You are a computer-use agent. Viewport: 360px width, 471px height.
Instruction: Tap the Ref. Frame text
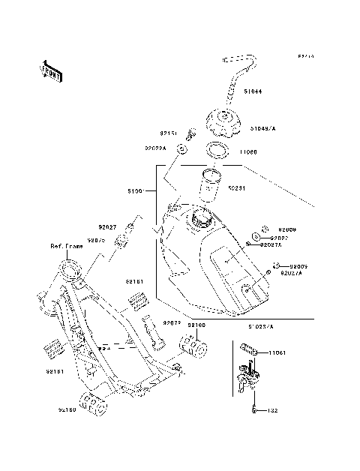point(66,246)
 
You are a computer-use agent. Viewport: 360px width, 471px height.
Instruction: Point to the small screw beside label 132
point(256,411)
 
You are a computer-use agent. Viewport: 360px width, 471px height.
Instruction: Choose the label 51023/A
point(260,326)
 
